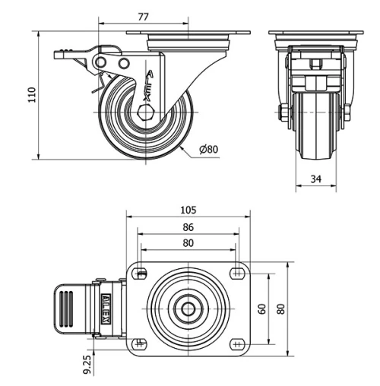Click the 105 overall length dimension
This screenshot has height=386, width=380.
pyautogui.click(x=188, y=210)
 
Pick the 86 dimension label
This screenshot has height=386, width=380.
pyautogui.click(x=188, y=226)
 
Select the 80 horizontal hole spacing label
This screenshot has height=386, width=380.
pyautogui.click(x=188, y=243)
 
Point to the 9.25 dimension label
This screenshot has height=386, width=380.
pyautogui.click(x=88, y=363)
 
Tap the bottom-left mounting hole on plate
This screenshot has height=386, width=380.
pyautogui.click(x=140, y=343)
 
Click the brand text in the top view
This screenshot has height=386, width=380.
pyautogui.click(x=106, y=308)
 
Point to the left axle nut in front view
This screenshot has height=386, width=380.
pyautogui.click(x=283, y=114)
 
